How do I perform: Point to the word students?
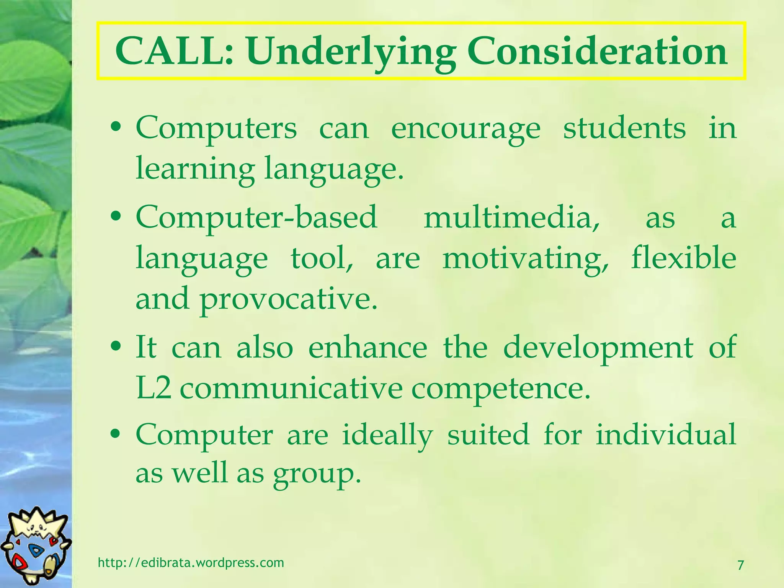624,128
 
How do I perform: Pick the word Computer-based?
256,217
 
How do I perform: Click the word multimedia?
511,217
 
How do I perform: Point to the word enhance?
367,347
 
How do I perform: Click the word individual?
666,434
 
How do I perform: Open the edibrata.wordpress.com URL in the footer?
191,562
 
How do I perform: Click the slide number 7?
740,565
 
